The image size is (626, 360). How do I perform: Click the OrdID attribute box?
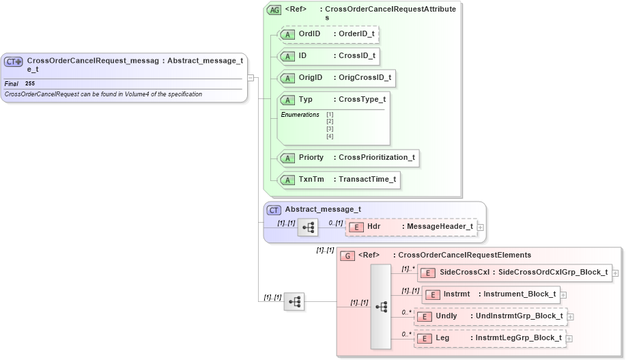click(328, 34)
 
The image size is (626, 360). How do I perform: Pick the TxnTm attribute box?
click(339, 180)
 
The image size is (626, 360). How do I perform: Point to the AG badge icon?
click(274, 10)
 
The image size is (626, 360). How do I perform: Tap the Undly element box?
click(490, 316)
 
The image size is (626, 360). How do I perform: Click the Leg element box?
click(489, 338)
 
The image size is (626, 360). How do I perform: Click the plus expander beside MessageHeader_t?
click(481, 227)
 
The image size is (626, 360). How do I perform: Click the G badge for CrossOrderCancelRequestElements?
click(347, 255)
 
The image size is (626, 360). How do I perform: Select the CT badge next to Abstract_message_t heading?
click(274, 210)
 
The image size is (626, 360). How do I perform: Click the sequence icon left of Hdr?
click(308, 227)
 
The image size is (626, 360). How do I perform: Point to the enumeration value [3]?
click(330, 128)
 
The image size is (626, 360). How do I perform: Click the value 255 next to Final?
click(30, 83)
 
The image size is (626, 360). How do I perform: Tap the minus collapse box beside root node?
click(251, 77)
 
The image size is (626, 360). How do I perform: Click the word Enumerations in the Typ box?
click(300, 115)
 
